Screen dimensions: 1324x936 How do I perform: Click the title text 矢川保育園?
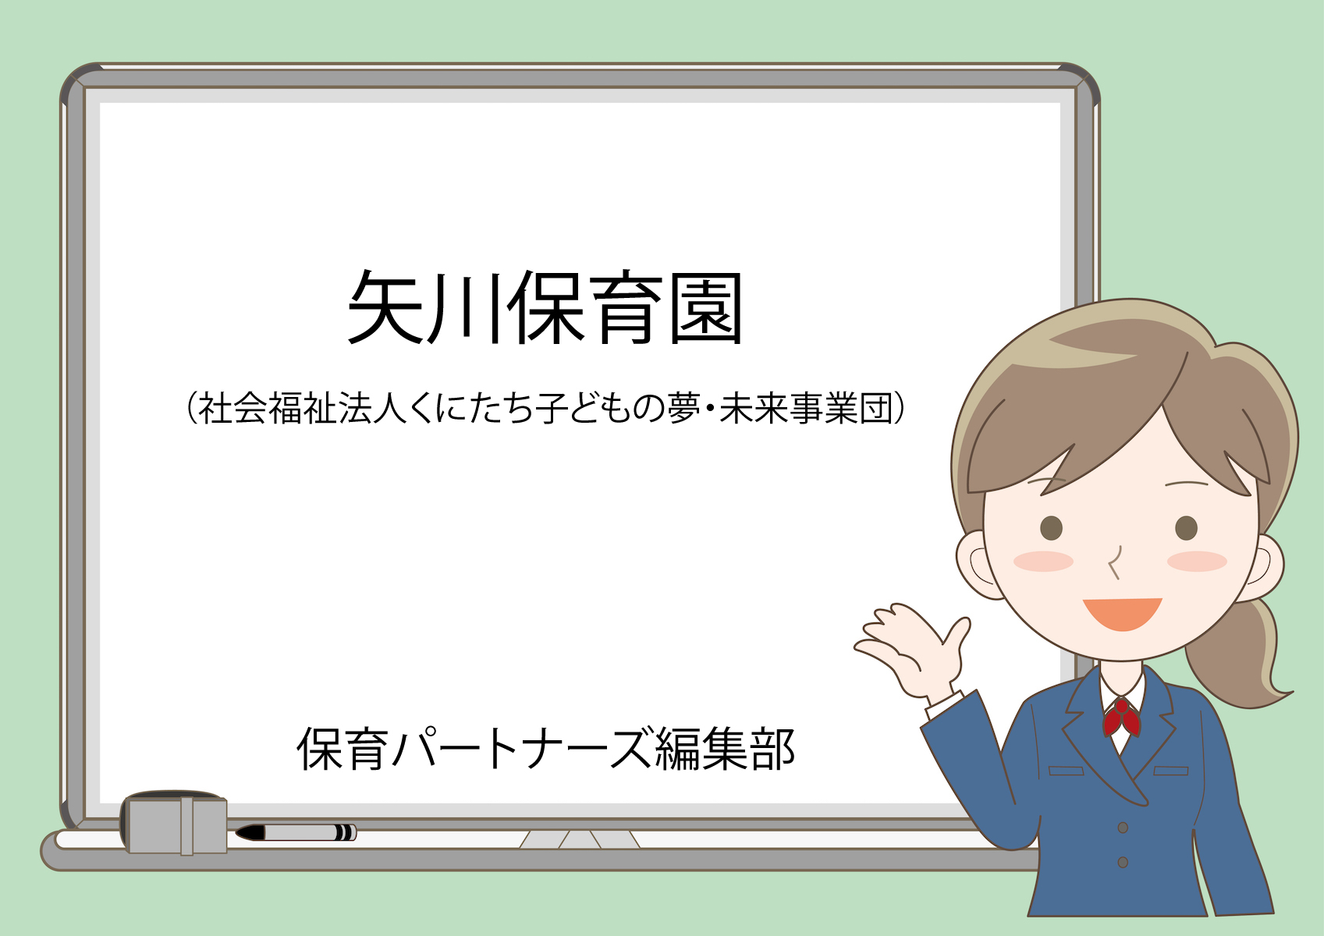point(545,307)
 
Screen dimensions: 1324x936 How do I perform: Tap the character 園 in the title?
point(706,308)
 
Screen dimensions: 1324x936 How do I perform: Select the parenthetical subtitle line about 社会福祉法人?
point(545,408)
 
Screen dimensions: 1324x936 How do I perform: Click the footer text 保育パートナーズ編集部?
point(545,749)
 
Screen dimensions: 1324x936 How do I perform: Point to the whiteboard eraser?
point(174,823)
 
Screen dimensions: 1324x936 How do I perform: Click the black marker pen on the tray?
point(296,832)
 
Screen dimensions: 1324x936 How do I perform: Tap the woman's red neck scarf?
point(1121,718)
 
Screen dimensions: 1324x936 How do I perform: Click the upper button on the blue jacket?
point(1123,828)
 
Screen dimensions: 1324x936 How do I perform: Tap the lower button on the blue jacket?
point(1123,863)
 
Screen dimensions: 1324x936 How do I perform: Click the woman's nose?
point(1114,562)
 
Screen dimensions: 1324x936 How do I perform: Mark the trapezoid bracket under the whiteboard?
point(579,839)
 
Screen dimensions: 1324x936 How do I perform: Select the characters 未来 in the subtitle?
point(754,408)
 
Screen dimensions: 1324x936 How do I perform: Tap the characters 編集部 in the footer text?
point(726,749)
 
